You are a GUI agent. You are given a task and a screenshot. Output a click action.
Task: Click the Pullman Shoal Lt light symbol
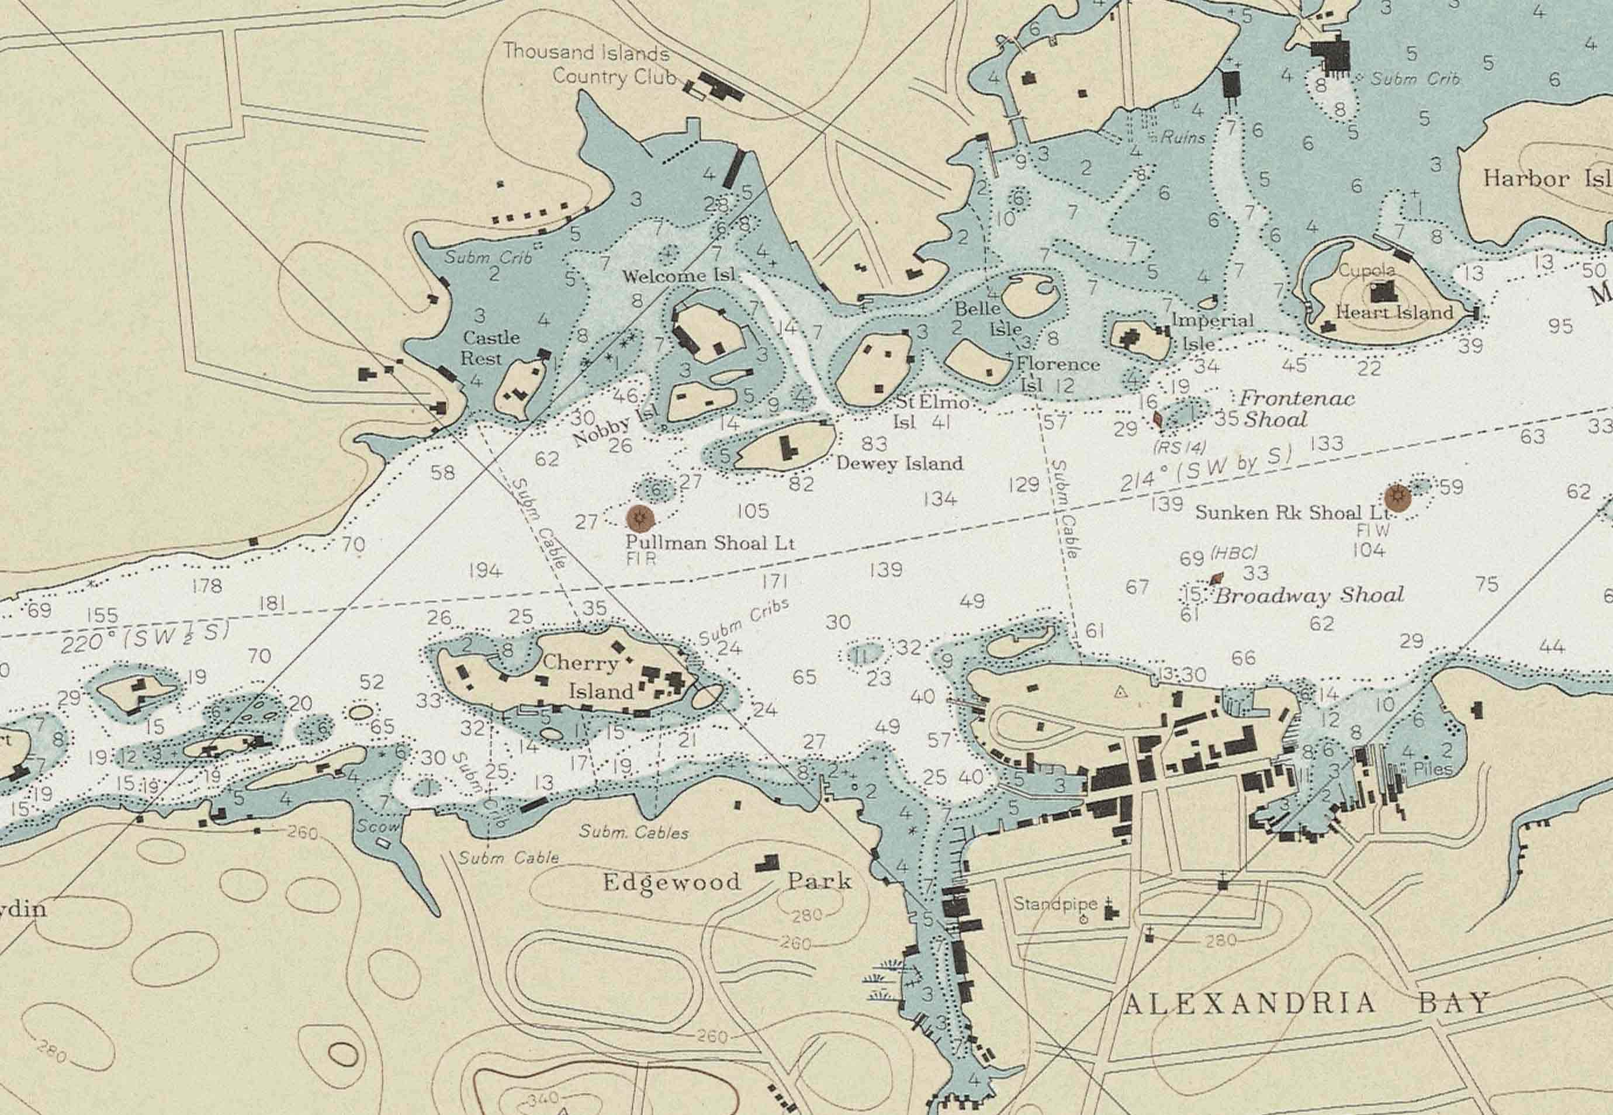pos(639,518)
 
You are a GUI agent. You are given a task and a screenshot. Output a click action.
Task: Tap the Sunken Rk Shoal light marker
pos(1398,497)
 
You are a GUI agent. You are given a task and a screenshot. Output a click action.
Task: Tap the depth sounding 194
pos(485,571)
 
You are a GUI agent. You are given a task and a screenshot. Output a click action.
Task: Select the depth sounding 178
pos(207,586)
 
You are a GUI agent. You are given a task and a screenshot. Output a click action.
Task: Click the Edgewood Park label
pos(726,882)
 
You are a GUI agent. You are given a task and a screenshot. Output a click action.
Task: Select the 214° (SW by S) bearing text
pos(1204,469)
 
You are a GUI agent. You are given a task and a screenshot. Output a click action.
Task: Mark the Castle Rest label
pos(491,347)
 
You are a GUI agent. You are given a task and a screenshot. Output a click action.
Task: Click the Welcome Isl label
pos(679,276)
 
